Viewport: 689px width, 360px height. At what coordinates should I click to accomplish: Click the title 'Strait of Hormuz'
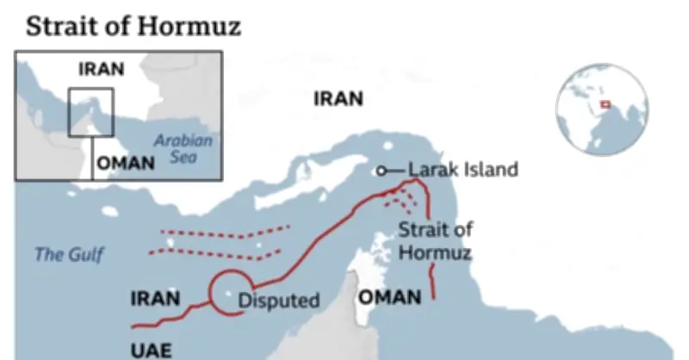(133, 26)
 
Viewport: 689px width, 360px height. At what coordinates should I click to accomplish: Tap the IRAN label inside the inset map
(101, 69)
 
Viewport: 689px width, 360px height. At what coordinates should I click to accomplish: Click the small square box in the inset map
(90, 112)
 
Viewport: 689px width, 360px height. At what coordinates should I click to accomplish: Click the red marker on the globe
(606, 105)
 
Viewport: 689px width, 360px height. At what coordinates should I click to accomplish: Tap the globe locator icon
(602, 109)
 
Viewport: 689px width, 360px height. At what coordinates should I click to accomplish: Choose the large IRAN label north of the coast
(338, 98)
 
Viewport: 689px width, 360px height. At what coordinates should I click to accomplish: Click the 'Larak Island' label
(462, 170)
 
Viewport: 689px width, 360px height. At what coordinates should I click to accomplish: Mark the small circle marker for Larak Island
(382, 171)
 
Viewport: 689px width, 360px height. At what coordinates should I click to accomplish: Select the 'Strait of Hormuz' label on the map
(435, 242)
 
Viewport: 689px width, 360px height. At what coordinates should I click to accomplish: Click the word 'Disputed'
(278, 301)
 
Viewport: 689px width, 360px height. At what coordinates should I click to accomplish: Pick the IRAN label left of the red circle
(155, 299)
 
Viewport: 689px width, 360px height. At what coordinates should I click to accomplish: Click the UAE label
(151, 350)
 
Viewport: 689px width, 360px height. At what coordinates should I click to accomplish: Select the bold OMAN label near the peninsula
(390, 298)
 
